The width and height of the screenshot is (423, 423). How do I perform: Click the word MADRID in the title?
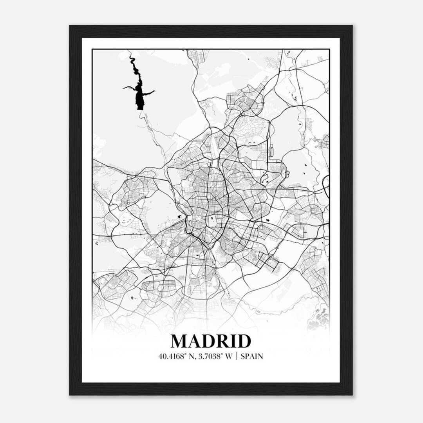click(x=211, y=341)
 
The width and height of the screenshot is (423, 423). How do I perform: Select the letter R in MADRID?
click(x=223, y=341)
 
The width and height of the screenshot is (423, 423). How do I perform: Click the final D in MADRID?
click(x=244, y=341)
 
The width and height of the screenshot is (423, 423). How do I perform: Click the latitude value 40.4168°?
click(x=171, y=356)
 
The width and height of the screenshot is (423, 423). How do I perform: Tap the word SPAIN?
click(x=252, y=356)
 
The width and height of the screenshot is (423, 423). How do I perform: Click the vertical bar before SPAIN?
click(x=237, y=356)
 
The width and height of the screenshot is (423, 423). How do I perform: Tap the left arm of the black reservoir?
click(x=127, y=87)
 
